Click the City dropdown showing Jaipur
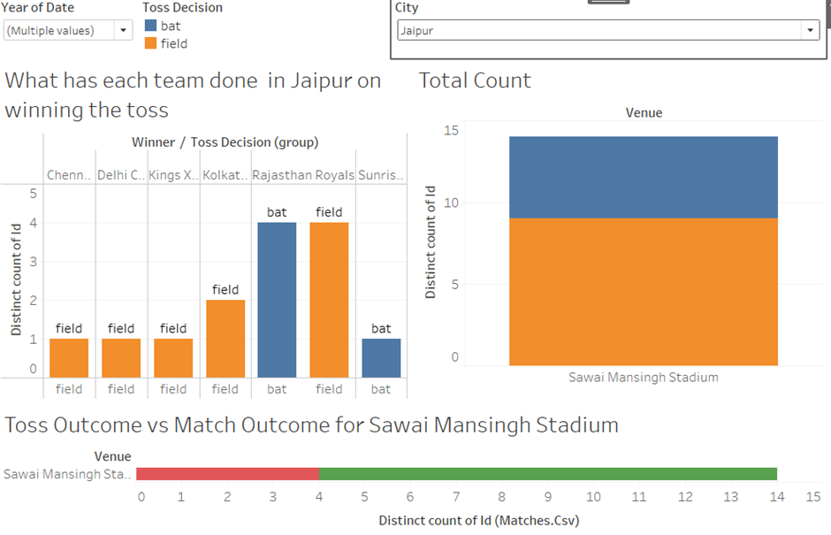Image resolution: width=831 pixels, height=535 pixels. coord(608,30)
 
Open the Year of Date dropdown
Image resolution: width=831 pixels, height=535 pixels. coord(68,30)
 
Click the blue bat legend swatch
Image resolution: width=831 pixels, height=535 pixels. coord(149,26)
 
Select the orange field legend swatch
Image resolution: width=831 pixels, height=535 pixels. coord(149,42)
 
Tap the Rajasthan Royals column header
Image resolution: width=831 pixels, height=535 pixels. coord(303,175)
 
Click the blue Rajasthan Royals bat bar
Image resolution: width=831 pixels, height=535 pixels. coord(277,300)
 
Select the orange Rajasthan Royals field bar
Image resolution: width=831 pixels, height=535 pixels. coord(329,300)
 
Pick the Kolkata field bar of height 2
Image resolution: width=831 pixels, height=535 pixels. coord(225,339)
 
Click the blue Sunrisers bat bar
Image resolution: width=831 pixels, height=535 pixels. coord(381,358)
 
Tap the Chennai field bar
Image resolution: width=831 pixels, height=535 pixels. coord(69,358)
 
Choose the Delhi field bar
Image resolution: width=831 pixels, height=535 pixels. coord(121,358)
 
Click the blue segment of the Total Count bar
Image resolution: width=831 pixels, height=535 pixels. coord(643,177)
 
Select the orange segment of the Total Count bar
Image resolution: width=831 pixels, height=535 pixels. coord(643,292)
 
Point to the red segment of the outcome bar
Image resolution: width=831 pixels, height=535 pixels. coord(227,474)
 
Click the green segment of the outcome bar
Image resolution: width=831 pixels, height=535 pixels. coord(548,474)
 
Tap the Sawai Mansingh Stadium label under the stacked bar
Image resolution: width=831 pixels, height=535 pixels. coord(643,378)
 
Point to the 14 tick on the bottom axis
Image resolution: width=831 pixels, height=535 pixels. coord(777,497)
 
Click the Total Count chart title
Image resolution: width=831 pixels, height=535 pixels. coord(475,80)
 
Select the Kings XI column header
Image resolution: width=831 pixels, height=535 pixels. coord(173,175)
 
